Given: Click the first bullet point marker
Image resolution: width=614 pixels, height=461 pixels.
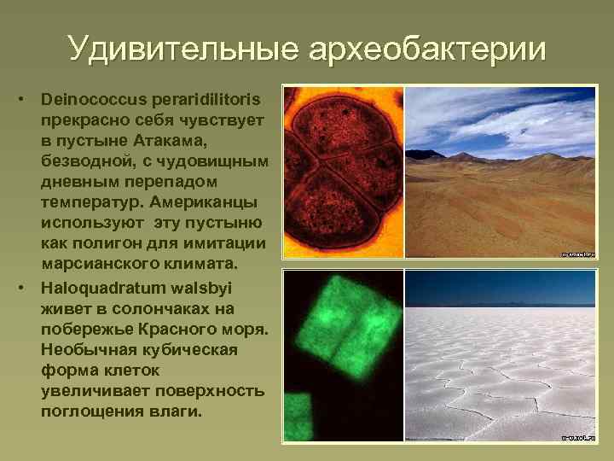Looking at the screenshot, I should point(29,101).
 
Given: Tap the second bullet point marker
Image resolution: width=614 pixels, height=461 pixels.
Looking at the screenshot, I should point(29,286).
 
